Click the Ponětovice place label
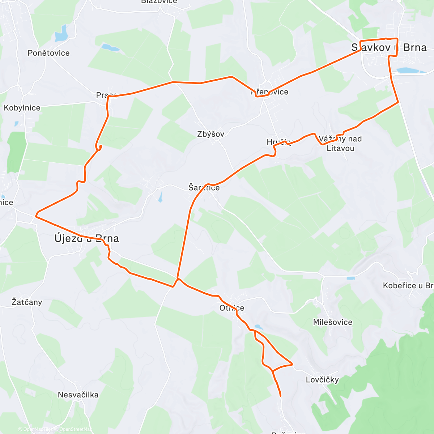pyautogui.click(x=48, y=53)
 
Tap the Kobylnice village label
pyautogui.click(x=22, y=108)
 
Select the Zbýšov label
pyautogui.click(x=210, y=134)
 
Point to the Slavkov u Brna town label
pyautogui.click(x=389, y=48)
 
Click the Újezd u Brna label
pyautogui.click(x=86, y=239)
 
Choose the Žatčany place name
pyautogui.click(x=27, y=302)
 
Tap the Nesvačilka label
pyautogui.click(x=78, y=395)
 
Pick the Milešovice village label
pyautogui.click(x=332, y=322)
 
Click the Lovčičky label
pyautogui.click(x=322, y=380)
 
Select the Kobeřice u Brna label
pyautogui.click(x=408, y=286)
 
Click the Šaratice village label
pyautogui.click(x=204, y=187)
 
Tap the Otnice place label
pyautogui.click(x=232, y=308)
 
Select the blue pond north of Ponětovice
pyautogui.click(x=61, y=34)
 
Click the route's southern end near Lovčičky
pyautogui.click(x=280, y=396)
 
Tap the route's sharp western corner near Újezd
pyautogui.click(x=36, y=216)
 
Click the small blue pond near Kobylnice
pyautogui.click(x=17, y=124)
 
